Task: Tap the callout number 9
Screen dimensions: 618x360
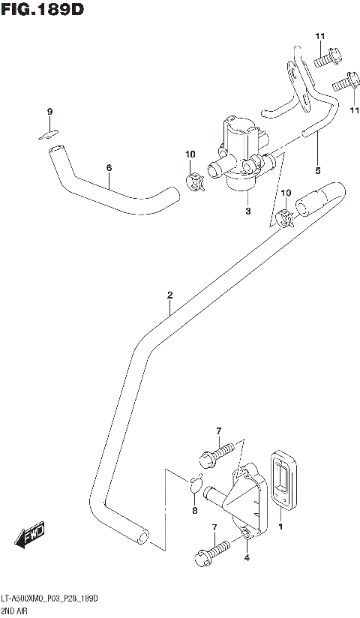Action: [49, 112]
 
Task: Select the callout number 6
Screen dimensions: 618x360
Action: [109, 167]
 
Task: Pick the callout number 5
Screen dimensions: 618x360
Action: [317, 170]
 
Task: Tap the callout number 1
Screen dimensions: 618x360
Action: [281, 528]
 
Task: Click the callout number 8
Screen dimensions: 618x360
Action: [195, 511]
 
